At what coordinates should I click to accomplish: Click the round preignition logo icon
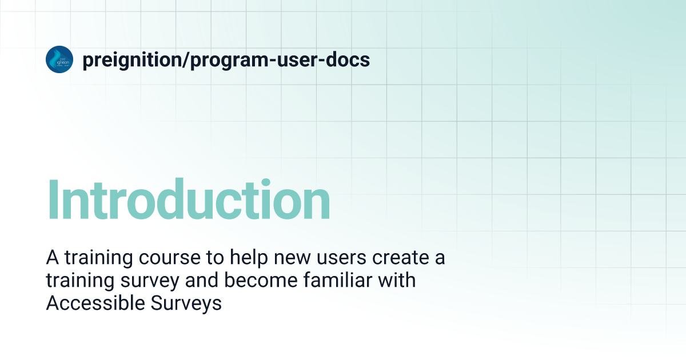pyautogui.click(x=59, y=59)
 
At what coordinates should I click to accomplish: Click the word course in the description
pyautogui.click(x=170, y=258)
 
